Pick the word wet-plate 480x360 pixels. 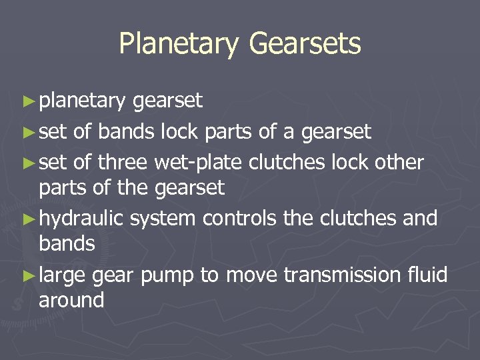[197, 161]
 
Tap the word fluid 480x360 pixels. [425, 275]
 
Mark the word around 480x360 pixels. [71, 300]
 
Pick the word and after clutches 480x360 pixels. [419, 218]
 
